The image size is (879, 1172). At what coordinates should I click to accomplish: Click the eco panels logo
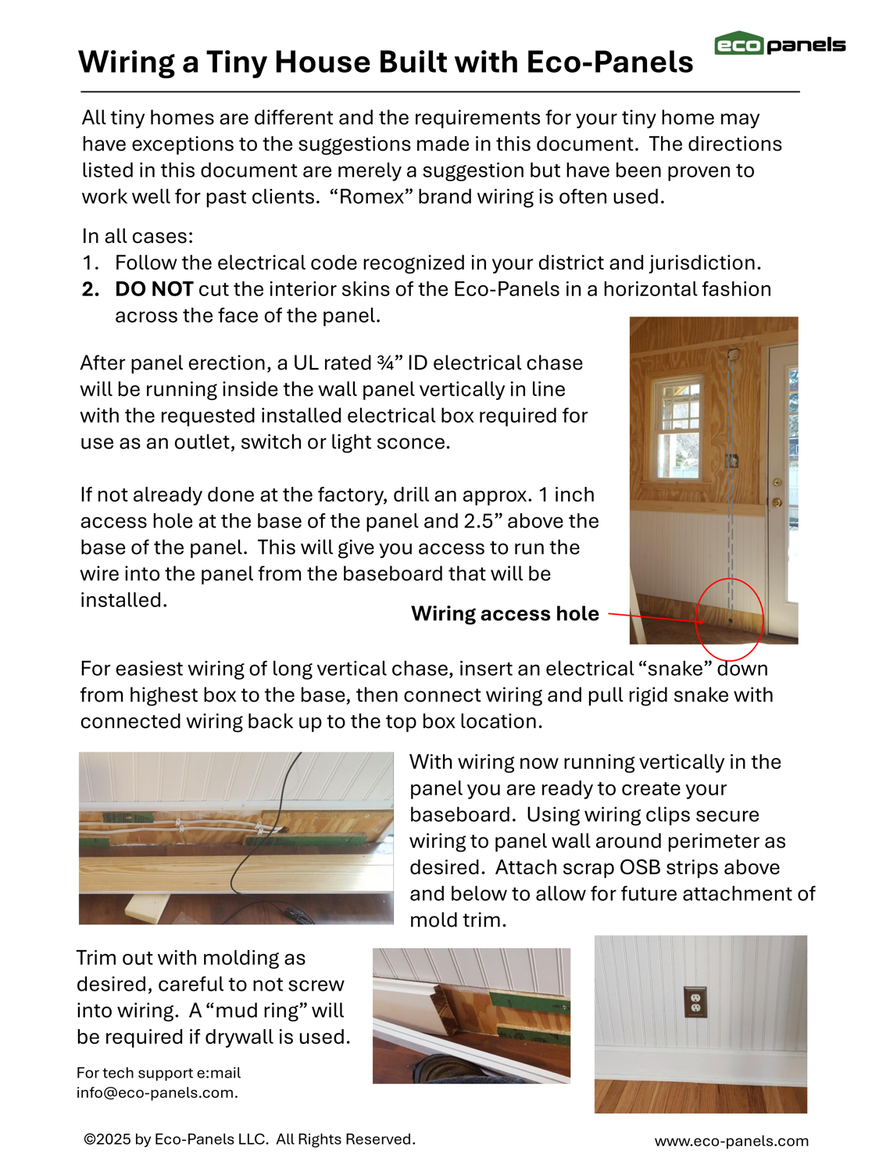[x=779, y=45]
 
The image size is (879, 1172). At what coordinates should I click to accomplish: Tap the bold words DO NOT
[x=154, y=289]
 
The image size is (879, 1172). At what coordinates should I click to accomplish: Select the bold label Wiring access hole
[x=505, y=614]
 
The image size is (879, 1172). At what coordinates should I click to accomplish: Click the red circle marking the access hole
[x=729, y=619]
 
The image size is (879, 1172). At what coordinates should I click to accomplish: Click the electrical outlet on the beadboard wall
[x=695, y=1002]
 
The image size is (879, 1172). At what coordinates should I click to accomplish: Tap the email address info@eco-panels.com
[x=156, y=1092]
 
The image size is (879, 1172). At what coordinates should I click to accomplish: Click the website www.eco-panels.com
[x=731, y=1141]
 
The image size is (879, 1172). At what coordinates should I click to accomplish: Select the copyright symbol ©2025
[x=108, y=1139]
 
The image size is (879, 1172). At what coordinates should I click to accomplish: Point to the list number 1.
[x=90, y=263]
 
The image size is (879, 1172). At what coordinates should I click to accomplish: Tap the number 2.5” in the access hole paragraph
[x=527, y=521]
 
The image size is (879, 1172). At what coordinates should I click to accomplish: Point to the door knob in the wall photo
[x=777, y=502]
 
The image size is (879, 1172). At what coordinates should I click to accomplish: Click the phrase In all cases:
[x=138, y=237]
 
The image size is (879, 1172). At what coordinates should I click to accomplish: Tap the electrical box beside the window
[x=732, y=460]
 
